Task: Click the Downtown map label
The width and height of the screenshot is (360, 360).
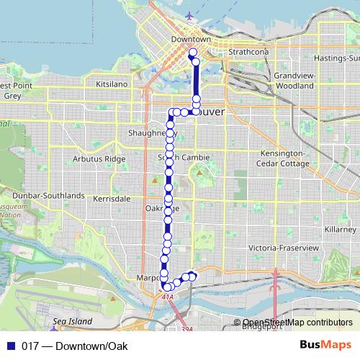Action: (191, 39)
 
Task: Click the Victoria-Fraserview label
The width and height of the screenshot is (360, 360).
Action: (284, 247)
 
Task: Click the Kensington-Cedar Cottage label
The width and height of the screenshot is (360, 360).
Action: (280, 158)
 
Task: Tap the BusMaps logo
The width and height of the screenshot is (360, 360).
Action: (330, 345)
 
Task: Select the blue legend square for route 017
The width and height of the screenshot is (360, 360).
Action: (11, 346)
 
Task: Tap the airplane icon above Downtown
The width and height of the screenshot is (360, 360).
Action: (189, 16)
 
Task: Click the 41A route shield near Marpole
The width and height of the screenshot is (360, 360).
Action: (168, 296)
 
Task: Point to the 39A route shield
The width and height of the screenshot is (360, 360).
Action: (186, 329)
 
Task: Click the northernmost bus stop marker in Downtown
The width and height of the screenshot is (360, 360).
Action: (192, 53)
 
